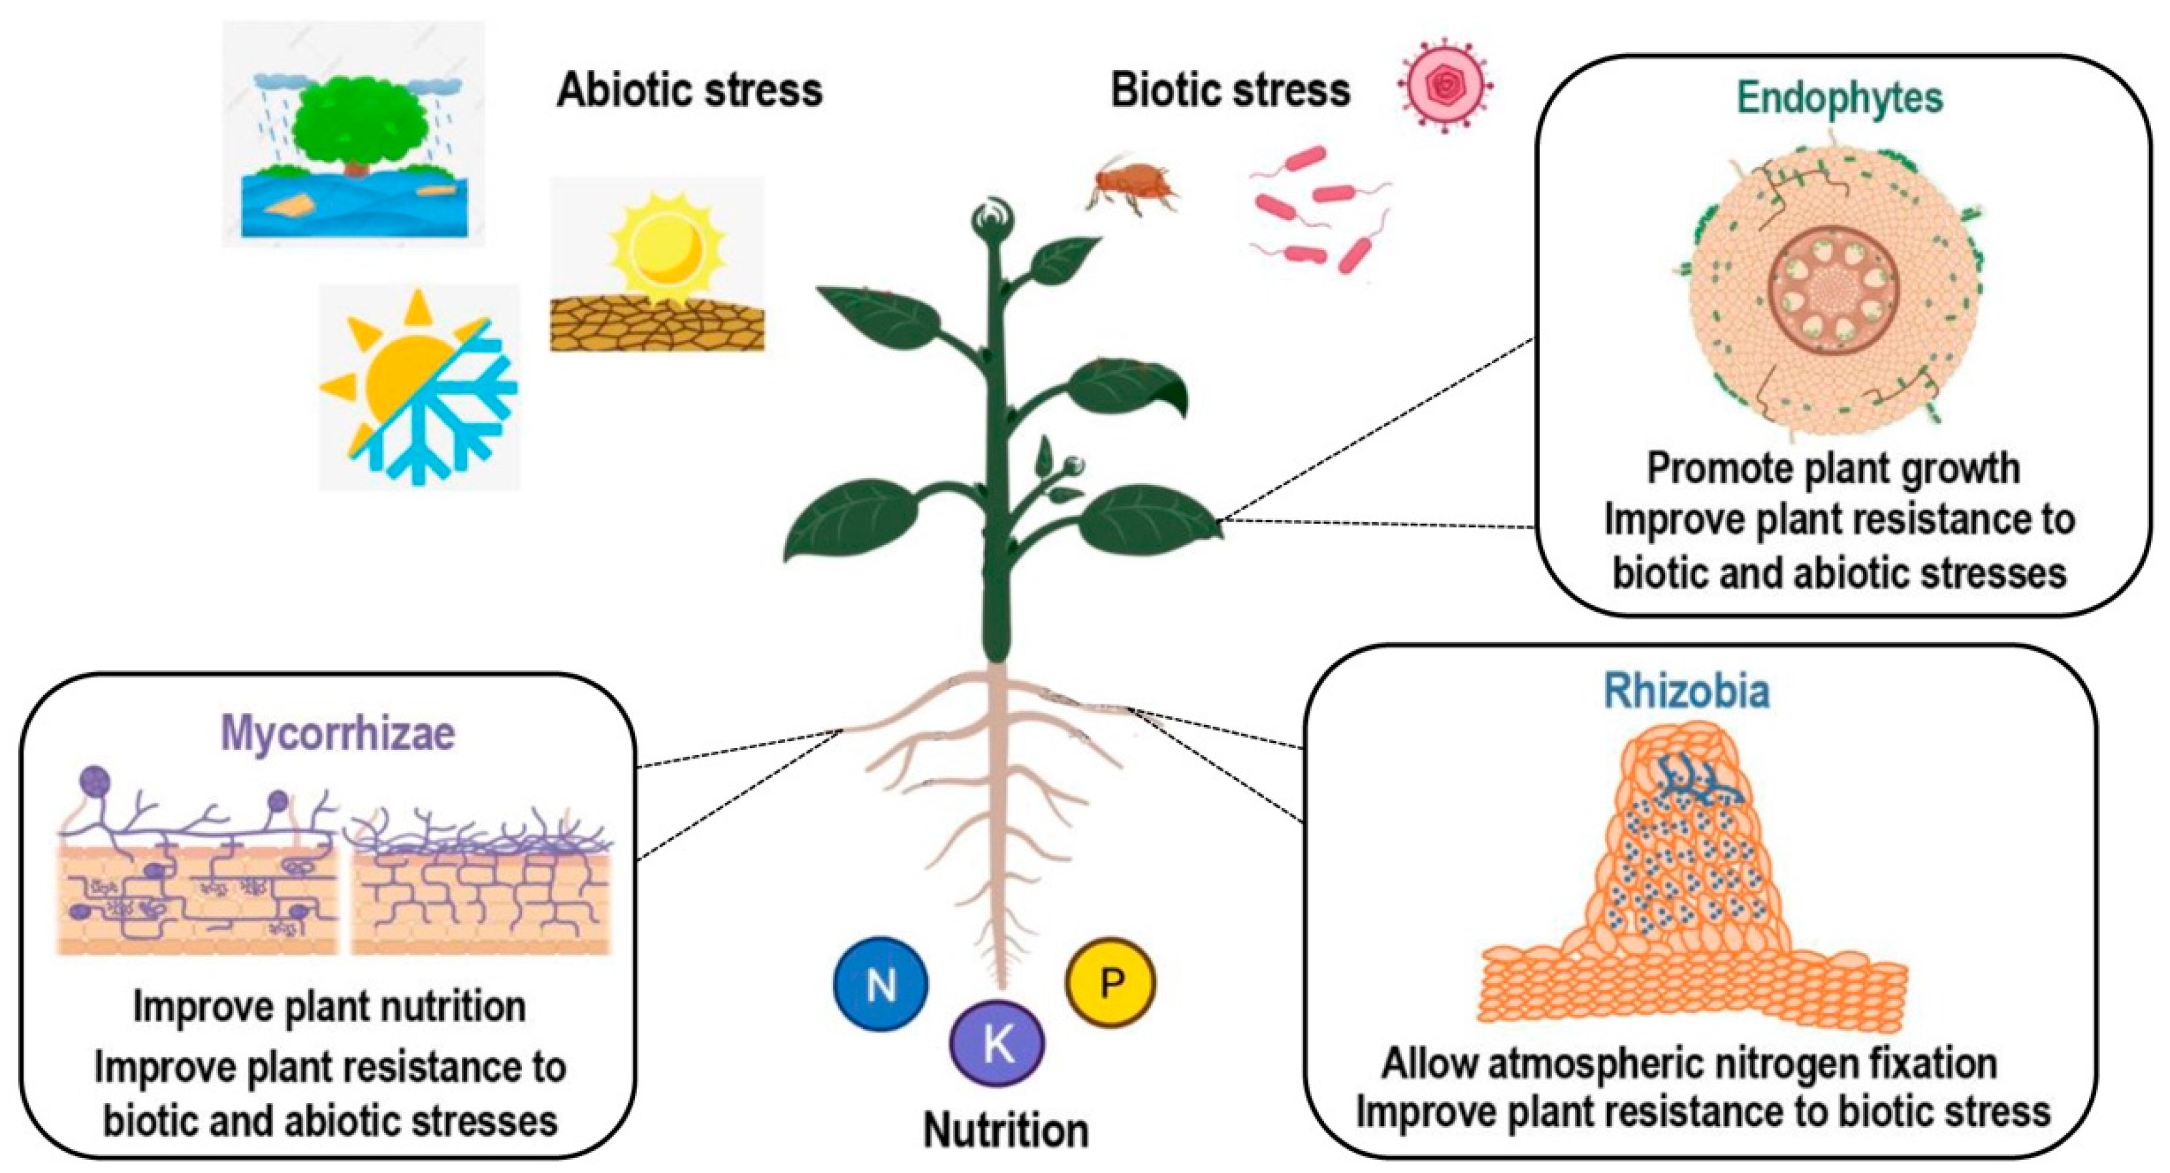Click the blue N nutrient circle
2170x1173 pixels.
(x=881, y=984)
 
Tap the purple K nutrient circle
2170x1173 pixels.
(x=997, y=1044)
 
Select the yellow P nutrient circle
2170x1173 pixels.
(x=1110, y=980)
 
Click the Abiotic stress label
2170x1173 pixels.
(x=689, y=90)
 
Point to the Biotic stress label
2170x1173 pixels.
(x=1230, y=90)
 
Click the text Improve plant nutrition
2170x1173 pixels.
(x=329, y=1007)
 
